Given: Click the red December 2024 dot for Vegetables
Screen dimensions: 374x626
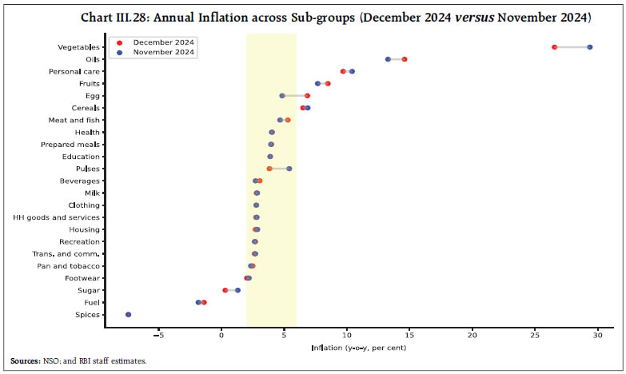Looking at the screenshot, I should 554,47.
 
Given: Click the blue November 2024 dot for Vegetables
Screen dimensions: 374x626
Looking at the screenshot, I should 590,47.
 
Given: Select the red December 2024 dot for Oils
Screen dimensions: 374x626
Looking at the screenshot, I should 405,59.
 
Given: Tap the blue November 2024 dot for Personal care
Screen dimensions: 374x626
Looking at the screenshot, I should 352,71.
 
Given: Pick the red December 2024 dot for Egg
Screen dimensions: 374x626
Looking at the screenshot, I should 307,96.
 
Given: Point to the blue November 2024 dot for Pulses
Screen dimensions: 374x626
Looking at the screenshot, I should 289,169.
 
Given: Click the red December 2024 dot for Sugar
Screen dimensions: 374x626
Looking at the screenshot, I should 225,290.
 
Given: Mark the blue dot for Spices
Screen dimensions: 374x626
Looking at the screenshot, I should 128,315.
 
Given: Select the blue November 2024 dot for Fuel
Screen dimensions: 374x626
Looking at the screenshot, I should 198,302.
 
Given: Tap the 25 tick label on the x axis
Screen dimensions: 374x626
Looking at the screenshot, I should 535,335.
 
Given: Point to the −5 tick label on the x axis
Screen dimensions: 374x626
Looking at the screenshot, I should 158,335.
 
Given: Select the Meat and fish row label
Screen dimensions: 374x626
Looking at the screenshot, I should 74,120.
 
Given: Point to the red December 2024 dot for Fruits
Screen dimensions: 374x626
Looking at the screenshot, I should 328,83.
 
